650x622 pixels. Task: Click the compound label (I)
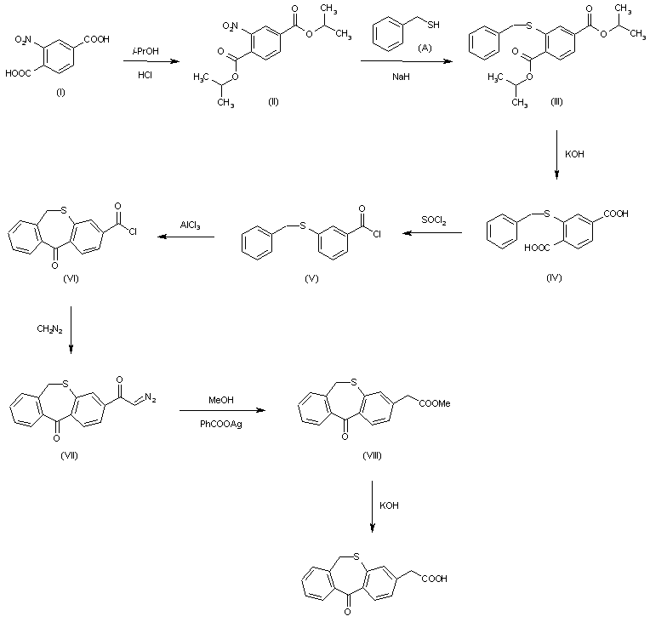click(60, 92)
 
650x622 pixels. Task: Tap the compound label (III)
click(557, 101)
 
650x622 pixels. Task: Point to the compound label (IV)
click(555, 278)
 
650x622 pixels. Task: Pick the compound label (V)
click(310, 278)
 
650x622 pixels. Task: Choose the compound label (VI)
click(71, 278)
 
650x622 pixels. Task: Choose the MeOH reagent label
click(222, 398)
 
